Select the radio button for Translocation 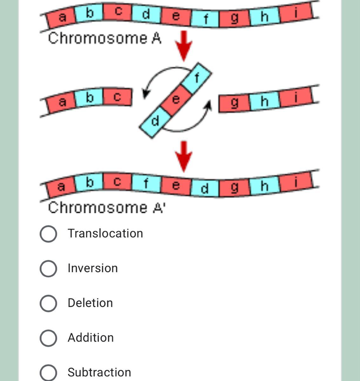click(49, 234)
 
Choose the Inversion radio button click(49, 269)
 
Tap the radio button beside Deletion click(49, 303)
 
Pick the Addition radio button click(49, 338)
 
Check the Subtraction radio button click(49, 372)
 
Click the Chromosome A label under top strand click(104, 39)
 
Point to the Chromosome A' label click(106, 208)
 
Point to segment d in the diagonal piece click(155, 121)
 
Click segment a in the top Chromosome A click(62, 18)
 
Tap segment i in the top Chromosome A click(296, 13)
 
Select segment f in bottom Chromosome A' click(146, 183)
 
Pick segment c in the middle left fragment click(117, 97)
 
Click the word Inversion click(93, 268)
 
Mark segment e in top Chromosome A click(176, 16)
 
